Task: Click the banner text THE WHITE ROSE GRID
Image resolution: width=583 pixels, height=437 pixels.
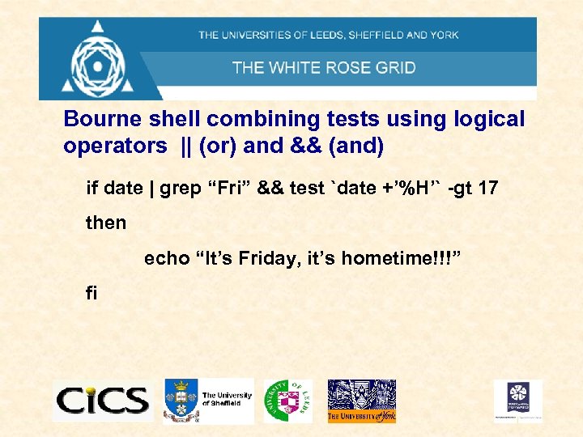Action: coord(324,67)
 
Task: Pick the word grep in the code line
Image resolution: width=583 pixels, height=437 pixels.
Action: coord(180,189)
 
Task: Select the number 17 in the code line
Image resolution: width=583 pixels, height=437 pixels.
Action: coord(487,189)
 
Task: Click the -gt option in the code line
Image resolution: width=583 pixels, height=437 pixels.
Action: coord(458,189)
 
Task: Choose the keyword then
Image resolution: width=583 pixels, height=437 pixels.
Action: coord(106,223)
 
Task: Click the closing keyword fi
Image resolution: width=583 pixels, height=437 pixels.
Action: coord(91,293)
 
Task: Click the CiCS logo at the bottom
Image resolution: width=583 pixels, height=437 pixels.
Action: coord(102,400)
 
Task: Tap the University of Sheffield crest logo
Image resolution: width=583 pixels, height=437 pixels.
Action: coord(181,400)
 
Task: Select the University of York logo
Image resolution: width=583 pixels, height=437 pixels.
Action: coord(361,401)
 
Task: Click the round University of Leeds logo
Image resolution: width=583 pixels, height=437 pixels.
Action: coord(287,401)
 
